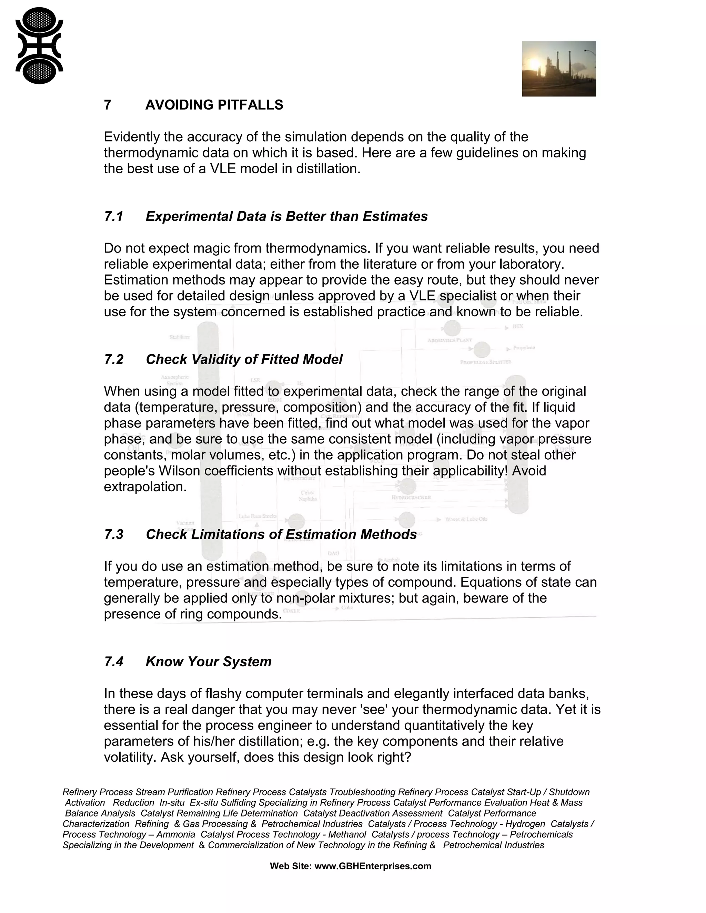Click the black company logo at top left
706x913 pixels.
pos(39,45)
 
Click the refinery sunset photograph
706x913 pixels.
pos(558,69)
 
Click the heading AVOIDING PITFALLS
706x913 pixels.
pos(214,105)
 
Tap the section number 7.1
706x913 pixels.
pos(113,217)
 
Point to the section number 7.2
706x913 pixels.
pos(113,359)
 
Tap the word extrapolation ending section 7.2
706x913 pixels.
pos(145,487)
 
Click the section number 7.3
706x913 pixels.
pos(113,535)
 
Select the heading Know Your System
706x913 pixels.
pos(208,662)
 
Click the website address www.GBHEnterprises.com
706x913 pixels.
pos(372,866)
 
